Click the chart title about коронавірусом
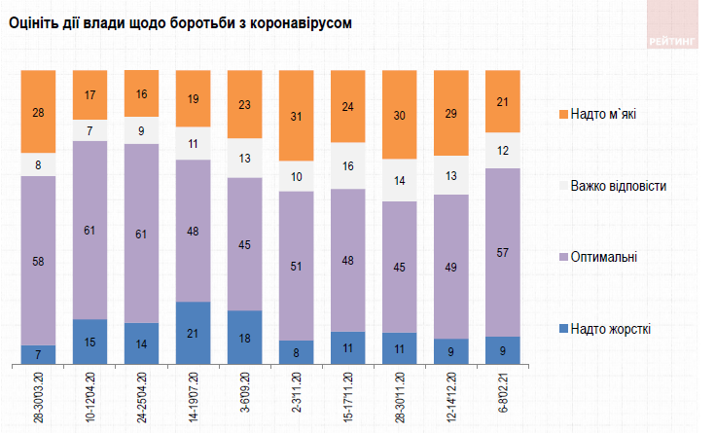[x=179, y=21]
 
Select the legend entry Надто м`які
[x=610, y=115]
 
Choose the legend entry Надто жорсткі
[x=610, y=329]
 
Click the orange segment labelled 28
[x=39, y=112]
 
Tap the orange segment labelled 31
[x=297, y=117]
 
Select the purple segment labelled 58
[x=39, y=260]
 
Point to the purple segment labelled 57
[x=504, y=252]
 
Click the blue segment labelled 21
[x=194, y=333]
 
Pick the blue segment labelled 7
[x=39, y=354]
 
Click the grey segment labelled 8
[x=39, y=164]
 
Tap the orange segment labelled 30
[x=400, y=115]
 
